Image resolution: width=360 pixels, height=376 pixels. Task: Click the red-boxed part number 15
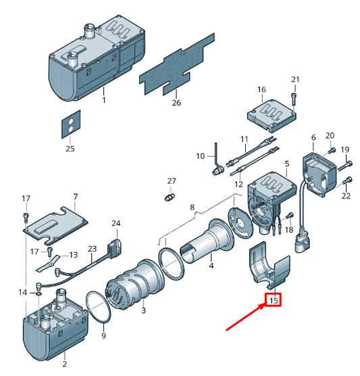(x=274, y=300)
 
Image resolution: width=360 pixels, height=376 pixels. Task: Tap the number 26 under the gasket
(x=176, y=103)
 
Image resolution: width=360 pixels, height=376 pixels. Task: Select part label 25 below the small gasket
(x=70, y=149)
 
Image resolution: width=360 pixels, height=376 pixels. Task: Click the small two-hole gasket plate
(x=71, y=124)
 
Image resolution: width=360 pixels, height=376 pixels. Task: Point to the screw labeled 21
(x=294, y=99)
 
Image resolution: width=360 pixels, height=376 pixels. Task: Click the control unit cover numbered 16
(x=272, y=116)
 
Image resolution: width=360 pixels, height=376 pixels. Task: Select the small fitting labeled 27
(x=170, y=197)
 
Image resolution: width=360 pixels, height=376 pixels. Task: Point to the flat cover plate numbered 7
(x=55, y=225)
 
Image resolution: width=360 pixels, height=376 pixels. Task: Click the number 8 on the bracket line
(x=192, y=207)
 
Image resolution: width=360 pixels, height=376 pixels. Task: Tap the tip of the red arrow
(x=265, y=304)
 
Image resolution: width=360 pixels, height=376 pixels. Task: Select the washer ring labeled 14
(x=39, y=293)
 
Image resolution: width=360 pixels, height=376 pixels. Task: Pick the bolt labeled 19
(x=345, y=166)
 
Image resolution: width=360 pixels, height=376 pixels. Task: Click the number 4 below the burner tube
(x=211, y=266)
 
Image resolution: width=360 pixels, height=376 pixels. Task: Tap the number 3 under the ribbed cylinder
(x=143, y=310)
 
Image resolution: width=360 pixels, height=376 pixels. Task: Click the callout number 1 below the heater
(x=104, y=99)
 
